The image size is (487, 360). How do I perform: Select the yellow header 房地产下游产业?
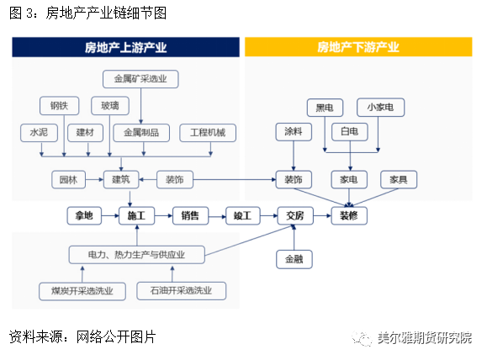click(x=358, y=47)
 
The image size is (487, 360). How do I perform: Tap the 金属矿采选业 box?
click(x=140, y=80)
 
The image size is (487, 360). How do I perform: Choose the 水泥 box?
click(x=39, y=133)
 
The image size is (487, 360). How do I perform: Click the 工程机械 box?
click(x=208, y=133)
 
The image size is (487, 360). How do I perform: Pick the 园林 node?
click(x=67, y=180)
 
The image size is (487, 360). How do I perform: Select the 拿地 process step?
click(x=84, y=216)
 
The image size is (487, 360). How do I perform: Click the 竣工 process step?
click(x=242, y=216)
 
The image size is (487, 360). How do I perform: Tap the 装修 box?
click(x=349, y=216)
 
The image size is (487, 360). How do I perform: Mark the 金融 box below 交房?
click(x=294, y=259)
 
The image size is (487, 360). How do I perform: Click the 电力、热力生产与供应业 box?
click(x=136, y=255)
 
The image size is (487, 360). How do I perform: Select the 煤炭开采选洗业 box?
click(x=82, y=291)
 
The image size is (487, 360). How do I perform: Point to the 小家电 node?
click(x=380, y=107)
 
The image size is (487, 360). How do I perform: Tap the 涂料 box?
click(x=294, y=132)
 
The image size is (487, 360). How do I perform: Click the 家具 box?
click(x=398, y=180)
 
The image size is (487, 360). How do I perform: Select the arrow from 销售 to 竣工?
click(x=216, y=216)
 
